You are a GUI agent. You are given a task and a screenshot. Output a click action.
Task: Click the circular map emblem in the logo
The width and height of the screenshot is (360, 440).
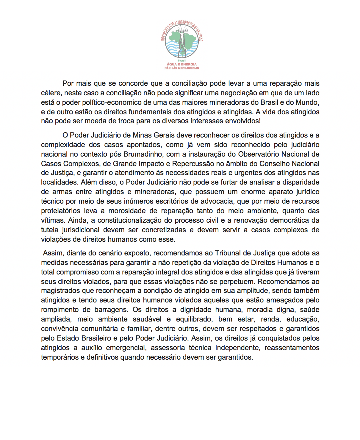(x=181, y=41)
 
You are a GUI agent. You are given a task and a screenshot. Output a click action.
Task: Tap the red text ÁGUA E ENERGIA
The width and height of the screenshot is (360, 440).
(x=181, y=64)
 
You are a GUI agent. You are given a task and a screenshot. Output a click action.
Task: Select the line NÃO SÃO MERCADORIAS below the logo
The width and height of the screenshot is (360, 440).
(x=181, y=68)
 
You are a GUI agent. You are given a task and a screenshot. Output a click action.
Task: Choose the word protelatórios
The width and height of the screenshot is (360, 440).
(x=60, y=211)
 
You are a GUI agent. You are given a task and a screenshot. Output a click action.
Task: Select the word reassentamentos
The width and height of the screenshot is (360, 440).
(x=292, y=348)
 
